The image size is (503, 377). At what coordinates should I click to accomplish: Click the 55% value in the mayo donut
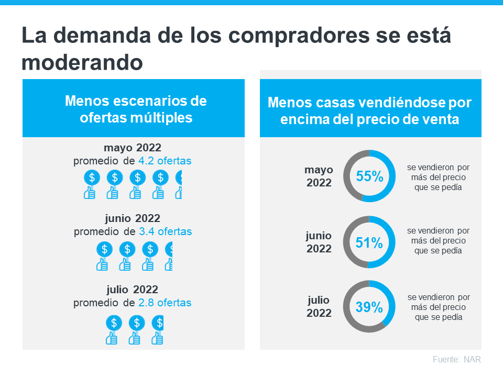369,176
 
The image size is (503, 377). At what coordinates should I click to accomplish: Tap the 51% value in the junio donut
369,242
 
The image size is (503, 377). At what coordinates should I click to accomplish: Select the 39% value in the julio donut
369,307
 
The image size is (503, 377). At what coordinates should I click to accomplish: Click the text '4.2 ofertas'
165,161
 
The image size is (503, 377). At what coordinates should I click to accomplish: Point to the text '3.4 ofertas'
165,231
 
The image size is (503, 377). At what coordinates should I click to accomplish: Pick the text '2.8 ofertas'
165,303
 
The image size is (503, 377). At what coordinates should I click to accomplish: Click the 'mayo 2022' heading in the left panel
133,147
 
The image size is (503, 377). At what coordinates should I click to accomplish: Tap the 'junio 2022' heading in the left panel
133,218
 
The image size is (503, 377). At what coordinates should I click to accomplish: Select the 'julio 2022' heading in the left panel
133,290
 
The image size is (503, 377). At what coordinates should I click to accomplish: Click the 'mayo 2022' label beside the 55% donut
319,176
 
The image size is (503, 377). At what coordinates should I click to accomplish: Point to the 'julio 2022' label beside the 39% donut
319,307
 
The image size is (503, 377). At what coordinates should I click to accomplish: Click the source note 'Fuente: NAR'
456,360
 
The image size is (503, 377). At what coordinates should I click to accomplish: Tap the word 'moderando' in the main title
82,62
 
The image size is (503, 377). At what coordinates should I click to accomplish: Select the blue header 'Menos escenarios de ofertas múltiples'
134,109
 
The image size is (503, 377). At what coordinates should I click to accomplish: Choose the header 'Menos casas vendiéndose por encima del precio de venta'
370,110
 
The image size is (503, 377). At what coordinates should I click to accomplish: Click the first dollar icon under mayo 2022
92,178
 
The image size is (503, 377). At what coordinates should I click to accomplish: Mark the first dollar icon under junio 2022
104,249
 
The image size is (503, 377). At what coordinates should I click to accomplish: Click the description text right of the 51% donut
438,241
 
